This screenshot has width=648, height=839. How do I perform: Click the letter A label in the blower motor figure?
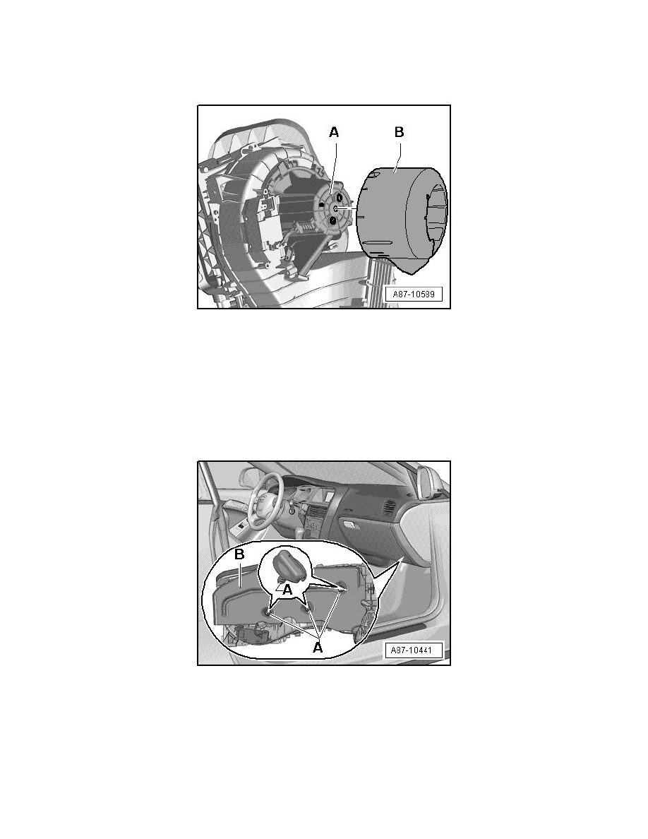tap(334, 131)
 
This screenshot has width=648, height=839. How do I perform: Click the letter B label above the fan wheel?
tap(399, 131)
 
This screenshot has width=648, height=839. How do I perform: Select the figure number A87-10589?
tap(414, 294)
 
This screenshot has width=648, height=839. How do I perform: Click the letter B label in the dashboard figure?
tap(239, 554)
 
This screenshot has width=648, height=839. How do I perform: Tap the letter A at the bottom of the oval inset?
tap(317, 647)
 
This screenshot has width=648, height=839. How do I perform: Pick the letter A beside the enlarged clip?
tap(287, 590)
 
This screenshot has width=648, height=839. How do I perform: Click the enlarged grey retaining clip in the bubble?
tap(289, 568)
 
